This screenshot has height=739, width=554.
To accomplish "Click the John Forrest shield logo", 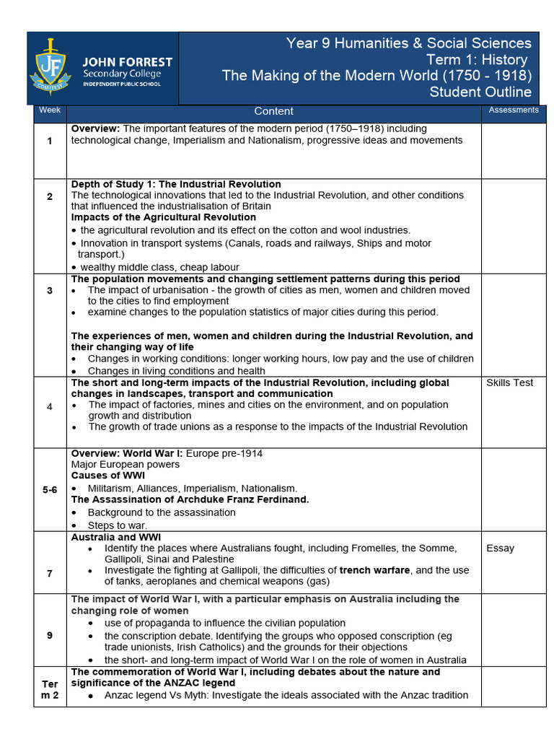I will point(50,68).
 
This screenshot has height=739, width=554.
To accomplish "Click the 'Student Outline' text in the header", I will point(480,92).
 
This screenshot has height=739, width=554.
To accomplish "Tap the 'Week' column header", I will point(50,110).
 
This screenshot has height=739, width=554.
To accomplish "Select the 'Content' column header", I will point(273,111).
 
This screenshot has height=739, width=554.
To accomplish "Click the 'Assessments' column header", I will point(514,110).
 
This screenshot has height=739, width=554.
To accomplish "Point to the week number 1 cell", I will point(50,141).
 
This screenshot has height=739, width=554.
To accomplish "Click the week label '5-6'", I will point(50,489).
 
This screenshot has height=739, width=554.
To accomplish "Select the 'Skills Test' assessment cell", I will point(509,382).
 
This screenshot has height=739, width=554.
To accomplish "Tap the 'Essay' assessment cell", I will point(500,548).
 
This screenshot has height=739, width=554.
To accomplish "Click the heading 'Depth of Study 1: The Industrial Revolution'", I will point(176,184).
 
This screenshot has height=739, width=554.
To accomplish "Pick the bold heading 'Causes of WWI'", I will point(107,476).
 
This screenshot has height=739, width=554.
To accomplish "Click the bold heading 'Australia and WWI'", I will point(115,537).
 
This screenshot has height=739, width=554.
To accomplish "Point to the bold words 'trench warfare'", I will point(374,570).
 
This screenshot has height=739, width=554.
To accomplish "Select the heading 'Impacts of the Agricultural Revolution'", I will point(163,217).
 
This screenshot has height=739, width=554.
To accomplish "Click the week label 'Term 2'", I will point(50,689).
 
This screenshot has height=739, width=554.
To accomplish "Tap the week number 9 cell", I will point(50,635).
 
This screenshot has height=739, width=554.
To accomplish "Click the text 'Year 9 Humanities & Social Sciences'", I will point(408,43).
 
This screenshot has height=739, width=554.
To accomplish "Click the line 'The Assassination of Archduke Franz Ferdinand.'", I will point(190,499).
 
